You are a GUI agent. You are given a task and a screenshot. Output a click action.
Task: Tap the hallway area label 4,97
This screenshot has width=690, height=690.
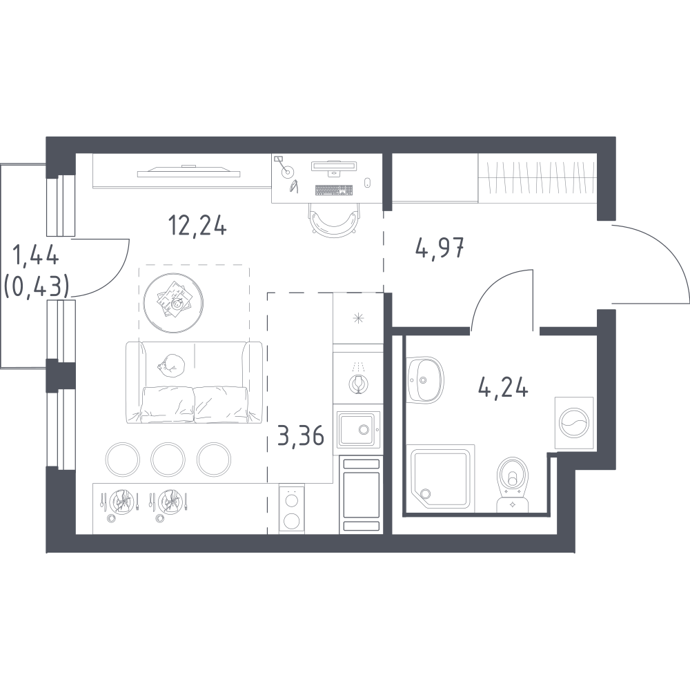coord(440,248)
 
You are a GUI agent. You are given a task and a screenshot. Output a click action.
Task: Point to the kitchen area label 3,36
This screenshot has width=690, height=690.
coord(301,435)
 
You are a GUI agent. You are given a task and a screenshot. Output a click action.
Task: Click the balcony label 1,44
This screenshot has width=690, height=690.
coord(37,255)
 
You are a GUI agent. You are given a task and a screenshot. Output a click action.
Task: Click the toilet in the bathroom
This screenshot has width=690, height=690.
coord(513,484)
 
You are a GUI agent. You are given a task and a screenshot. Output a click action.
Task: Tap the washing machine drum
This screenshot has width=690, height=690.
coord(573,423)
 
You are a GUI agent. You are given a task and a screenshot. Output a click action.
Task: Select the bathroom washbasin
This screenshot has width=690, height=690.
coord(425,379)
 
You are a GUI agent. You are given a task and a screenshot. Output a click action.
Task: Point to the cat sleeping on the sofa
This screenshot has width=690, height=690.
coord(171,365)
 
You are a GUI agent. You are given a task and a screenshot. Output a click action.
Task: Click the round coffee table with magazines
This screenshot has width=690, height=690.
coord(173,303)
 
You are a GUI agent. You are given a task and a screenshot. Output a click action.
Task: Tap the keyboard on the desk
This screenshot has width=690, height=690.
coord(334,190)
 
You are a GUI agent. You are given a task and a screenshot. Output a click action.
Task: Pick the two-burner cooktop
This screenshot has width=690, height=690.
coord(291,509)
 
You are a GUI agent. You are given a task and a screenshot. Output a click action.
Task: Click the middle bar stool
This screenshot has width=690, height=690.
coord(168,460)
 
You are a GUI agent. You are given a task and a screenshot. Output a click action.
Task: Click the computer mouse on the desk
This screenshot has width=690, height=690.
coord(368,183)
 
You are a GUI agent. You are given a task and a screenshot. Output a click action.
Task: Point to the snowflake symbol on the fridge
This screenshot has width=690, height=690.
coord(359,318)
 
